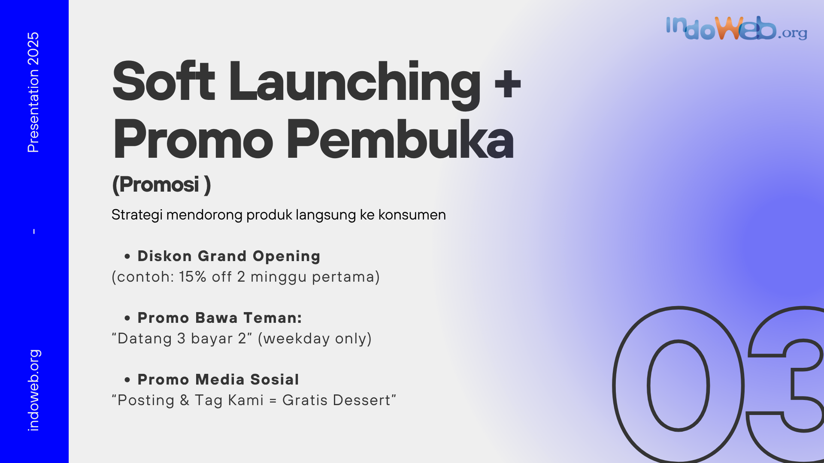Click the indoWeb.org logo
(736, 28)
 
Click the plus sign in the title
(508, 83)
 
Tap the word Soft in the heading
(164, 81)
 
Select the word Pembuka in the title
(400, 139)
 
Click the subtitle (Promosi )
(161, 185)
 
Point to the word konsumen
(412, 214)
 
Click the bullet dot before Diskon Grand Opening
(127, 256)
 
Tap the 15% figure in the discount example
(193, 277)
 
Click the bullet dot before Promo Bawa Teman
(127, 318)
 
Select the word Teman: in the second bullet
(273, 318)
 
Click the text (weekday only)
(315, 338)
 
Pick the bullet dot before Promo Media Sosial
(127, 380)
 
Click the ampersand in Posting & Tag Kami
(185, 400)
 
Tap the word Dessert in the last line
(361, 400)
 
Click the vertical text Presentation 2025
(33, 92)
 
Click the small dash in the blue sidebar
(34, 231)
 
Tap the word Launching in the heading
(354, 83)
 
